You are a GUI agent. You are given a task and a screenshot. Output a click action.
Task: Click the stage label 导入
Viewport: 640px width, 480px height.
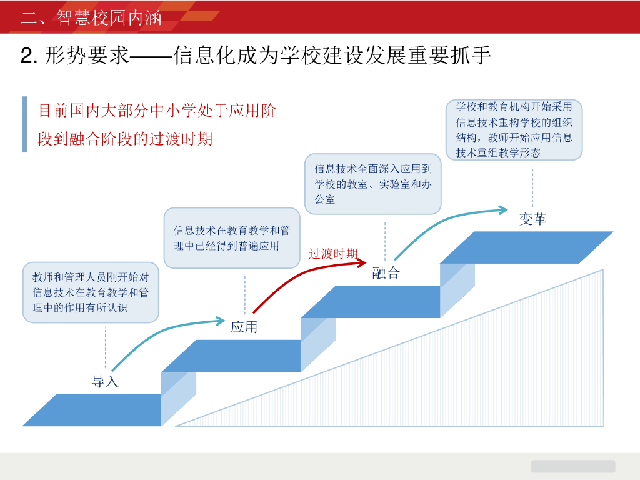click(105, 381)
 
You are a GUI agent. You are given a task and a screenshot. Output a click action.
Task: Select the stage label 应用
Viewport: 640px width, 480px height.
click(244, 327)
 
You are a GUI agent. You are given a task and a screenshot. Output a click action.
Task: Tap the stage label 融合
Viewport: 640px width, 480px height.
click(386, 273)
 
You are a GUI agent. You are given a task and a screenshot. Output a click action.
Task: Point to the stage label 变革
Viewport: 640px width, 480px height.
click(532, 219)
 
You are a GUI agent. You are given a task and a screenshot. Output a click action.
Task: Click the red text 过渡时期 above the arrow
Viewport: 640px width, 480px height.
click(333, 254)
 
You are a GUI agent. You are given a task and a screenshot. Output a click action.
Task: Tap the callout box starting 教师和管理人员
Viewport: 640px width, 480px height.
click(91, 292)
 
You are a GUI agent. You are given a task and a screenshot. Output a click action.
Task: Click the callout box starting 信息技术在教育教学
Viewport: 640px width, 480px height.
click(232, 238)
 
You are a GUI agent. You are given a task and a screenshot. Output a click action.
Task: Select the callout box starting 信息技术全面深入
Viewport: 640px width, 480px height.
click(372, 184)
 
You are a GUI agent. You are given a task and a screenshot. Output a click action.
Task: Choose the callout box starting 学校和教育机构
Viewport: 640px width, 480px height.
click(514, 129)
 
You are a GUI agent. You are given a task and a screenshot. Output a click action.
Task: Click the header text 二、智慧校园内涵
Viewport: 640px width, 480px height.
click(91, 17)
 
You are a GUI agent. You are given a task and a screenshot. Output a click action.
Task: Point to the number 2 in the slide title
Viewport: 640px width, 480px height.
click(26, 56)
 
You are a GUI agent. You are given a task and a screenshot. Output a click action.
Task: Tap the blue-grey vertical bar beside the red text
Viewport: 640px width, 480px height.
click(24, 124)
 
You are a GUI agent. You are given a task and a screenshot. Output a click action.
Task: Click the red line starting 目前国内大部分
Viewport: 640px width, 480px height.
click(157, 111)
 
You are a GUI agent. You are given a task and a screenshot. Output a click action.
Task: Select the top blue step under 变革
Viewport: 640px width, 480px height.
click(526, 247)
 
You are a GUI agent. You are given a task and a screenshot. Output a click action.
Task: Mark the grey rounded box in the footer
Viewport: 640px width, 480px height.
click(572, 466)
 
